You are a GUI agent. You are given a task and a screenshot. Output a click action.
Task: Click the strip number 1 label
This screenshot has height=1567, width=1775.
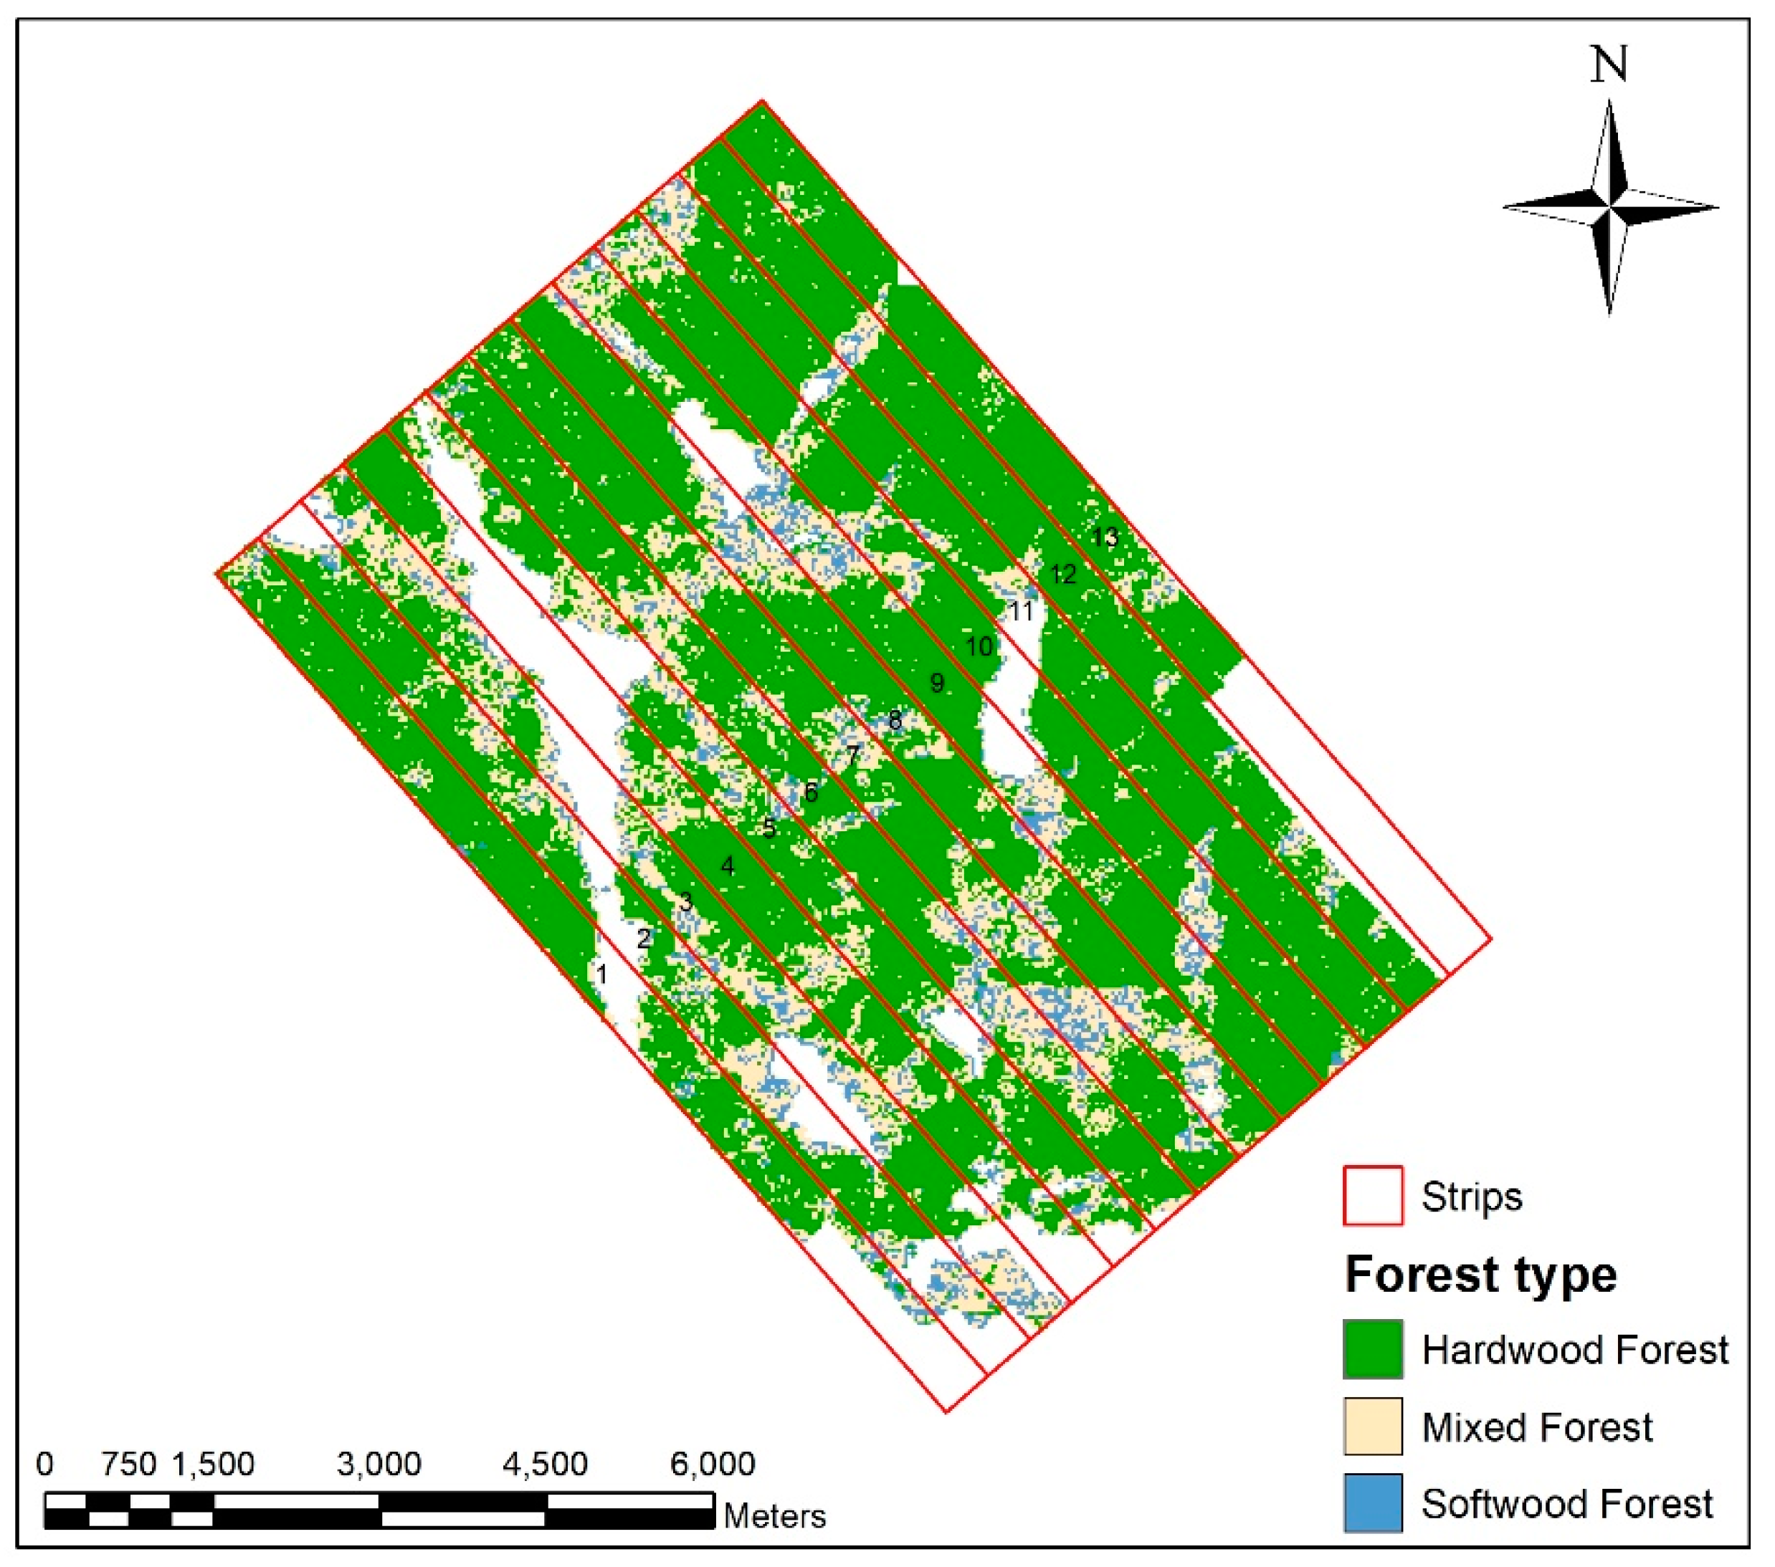[601, 974]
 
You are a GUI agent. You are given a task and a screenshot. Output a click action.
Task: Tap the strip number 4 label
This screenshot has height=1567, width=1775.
[728, 866]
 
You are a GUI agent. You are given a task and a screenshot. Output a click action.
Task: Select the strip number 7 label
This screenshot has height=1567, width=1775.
[853, 755]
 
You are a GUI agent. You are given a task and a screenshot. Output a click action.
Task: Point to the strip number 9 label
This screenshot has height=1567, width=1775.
[936, 684]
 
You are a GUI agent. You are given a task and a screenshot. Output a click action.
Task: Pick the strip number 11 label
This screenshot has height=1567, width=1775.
[1022, 611]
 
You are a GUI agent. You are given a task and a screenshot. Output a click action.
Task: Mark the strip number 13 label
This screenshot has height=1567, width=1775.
[1105, 537]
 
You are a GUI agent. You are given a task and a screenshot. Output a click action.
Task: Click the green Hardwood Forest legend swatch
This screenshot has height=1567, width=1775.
[1372, 1349]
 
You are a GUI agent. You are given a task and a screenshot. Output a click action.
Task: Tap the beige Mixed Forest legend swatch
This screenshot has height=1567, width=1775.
[1372, 1427]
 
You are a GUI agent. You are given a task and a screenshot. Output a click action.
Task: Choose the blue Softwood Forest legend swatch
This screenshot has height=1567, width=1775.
[1372, 1503]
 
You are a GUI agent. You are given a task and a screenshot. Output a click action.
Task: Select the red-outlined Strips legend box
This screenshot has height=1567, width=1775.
[1372, 1195]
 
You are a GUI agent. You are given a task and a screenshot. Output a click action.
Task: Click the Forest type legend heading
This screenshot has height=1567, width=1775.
[1480, 1275]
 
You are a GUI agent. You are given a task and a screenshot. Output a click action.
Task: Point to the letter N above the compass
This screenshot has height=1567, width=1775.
[1608, 65]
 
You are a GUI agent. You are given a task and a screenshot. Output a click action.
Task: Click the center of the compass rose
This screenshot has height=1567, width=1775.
[1610, 208]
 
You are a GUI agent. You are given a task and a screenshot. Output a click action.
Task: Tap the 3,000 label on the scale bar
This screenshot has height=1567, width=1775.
[379, 1465]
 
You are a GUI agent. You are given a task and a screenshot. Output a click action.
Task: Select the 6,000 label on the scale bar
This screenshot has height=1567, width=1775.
[712, 1465]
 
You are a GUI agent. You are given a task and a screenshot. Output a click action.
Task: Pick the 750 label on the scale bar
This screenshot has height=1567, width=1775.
[128, 1465]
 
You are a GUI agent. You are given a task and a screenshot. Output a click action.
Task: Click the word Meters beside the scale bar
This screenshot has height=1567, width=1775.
[775, 1517]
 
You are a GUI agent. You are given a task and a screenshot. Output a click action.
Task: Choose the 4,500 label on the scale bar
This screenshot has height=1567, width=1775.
[546, 1465]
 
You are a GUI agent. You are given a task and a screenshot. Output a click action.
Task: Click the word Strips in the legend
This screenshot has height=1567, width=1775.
[1472, 1197]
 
